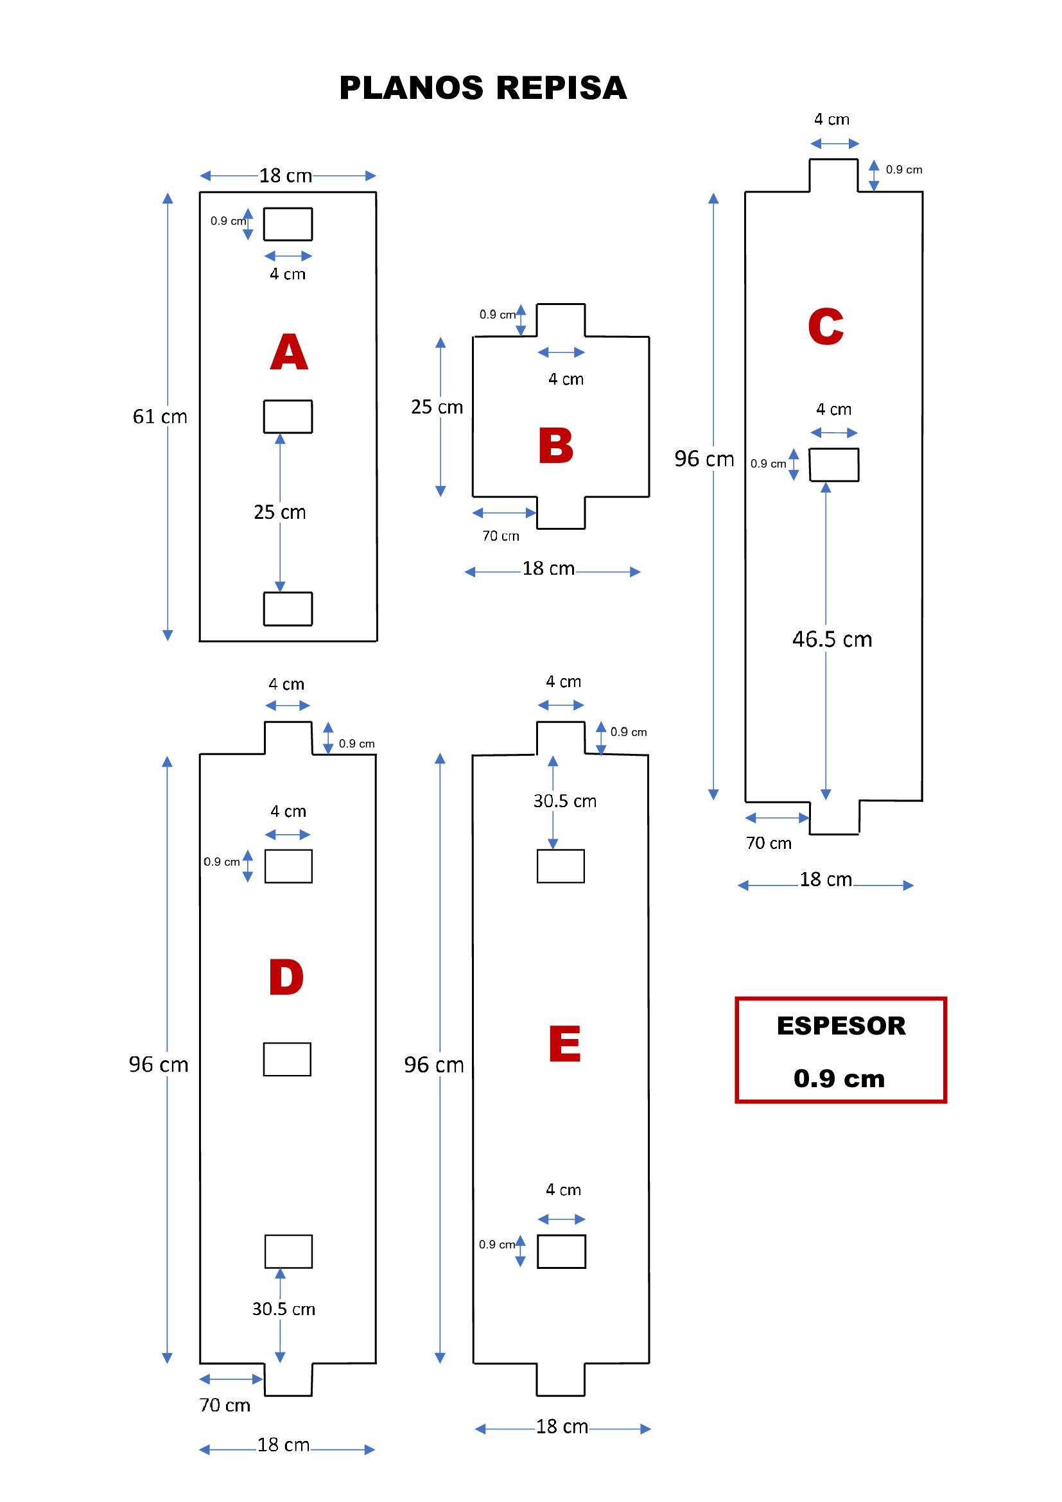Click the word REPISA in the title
coord(561,89)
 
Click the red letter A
coord(288,353)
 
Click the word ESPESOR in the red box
coord(841,1026)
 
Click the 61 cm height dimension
coord(160,417)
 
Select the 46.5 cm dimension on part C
coord(831,639)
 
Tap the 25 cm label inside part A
coord(279,512)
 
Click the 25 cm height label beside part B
coord(436,407)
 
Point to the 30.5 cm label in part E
coord(564,801)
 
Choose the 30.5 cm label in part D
coord(283,1309)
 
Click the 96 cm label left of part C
coord(704,459)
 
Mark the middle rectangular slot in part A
coord(288,417)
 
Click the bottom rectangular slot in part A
coord(288,608)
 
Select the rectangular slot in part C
coord(834,465)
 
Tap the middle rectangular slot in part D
coord(287,1059)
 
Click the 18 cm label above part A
coord(285,175)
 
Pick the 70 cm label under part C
coord(769,843)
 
